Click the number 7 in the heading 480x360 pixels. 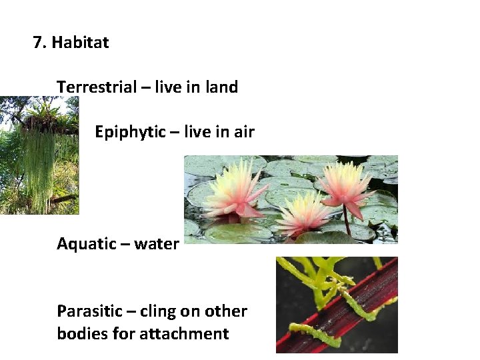coord(38,43)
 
